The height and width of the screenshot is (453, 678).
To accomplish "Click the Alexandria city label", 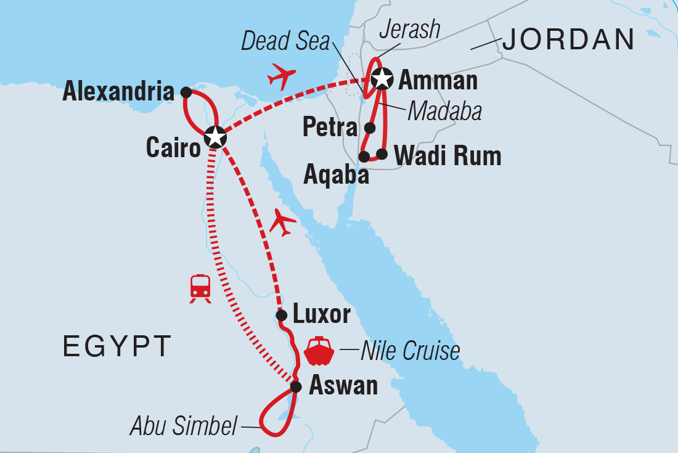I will coord(118,92).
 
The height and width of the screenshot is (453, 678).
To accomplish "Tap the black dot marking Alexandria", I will coord(186,92).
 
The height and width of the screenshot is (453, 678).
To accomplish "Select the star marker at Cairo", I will coord(214,136).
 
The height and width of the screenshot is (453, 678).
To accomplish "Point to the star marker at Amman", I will coord(382,78).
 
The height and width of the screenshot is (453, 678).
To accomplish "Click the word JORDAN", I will coord(568,41).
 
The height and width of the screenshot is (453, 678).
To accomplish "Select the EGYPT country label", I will coord(116,347).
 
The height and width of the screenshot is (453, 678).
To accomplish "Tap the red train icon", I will coord(201,288).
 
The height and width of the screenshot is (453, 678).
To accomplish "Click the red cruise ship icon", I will coord(319,351).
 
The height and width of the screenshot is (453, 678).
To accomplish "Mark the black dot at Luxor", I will coord(281,316).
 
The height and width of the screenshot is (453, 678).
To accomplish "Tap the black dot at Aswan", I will coord(296,387).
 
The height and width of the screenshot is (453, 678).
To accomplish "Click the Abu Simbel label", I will coord(183,426).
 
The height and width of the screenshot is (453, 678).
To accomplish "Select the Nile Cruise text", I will coord(410,351).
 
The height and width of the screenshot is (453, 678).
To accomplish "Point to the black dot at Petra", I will coord(370,128).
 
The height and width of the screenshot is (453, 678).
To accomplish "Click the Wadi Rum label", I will coord(447,156).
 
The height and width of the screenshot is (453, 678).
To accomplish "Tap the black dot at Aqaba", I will coord(364,156).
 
